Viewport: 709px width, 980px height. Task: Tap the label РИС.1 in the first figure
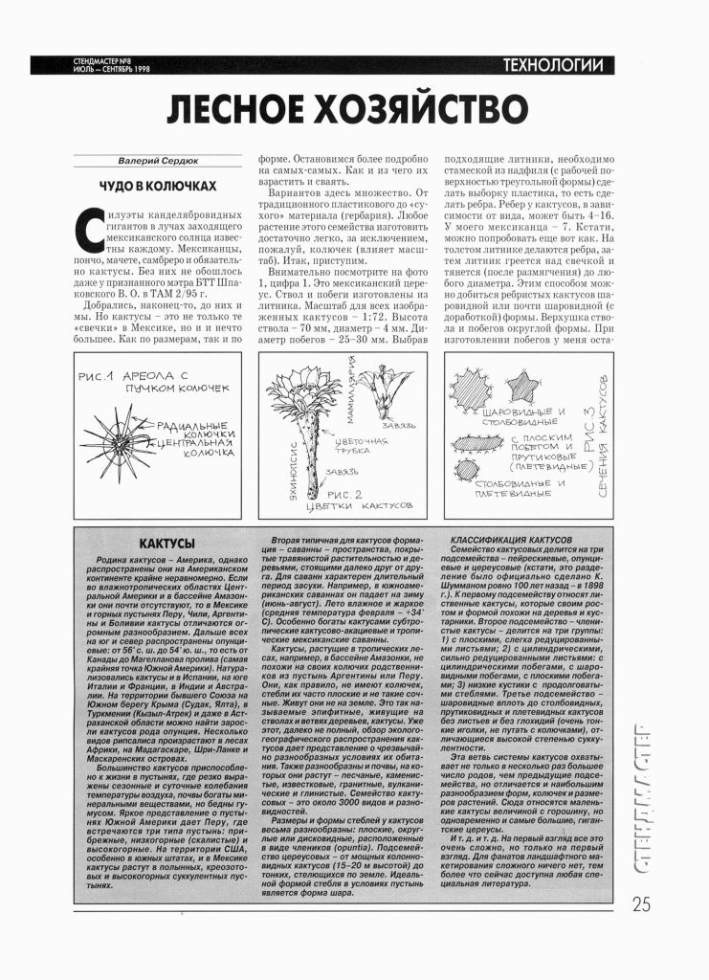pyautogui.click(x=100, y=375)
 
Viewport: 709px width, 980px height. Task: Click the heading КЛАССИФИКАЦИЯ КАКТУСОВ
pyautogui.click(x=511, y=540)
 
